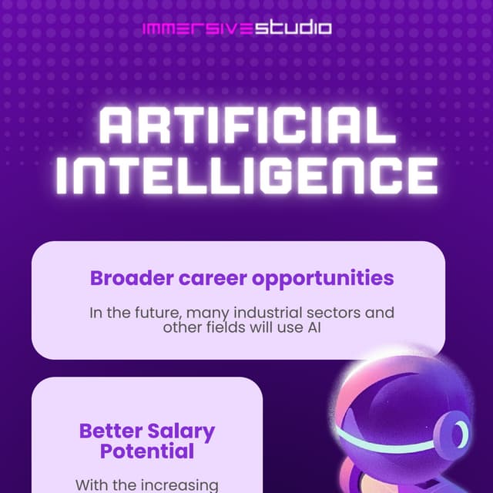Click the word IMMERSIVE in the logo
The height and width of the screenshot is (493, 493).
197,29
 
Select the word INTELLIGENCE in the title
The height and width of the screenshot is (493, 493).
246,177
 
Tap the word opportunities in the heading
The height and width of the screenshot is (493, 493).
324,279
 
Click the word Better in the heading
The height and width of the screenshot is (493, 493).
106,431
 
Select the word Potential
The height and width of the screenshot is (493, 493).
146,451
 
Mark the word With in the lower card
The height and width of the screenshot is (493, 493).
91,485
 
